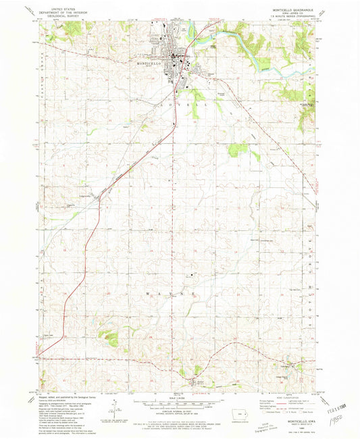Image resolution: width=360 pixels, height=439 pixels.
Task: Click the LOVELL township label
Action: click(x=188, y=106)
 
